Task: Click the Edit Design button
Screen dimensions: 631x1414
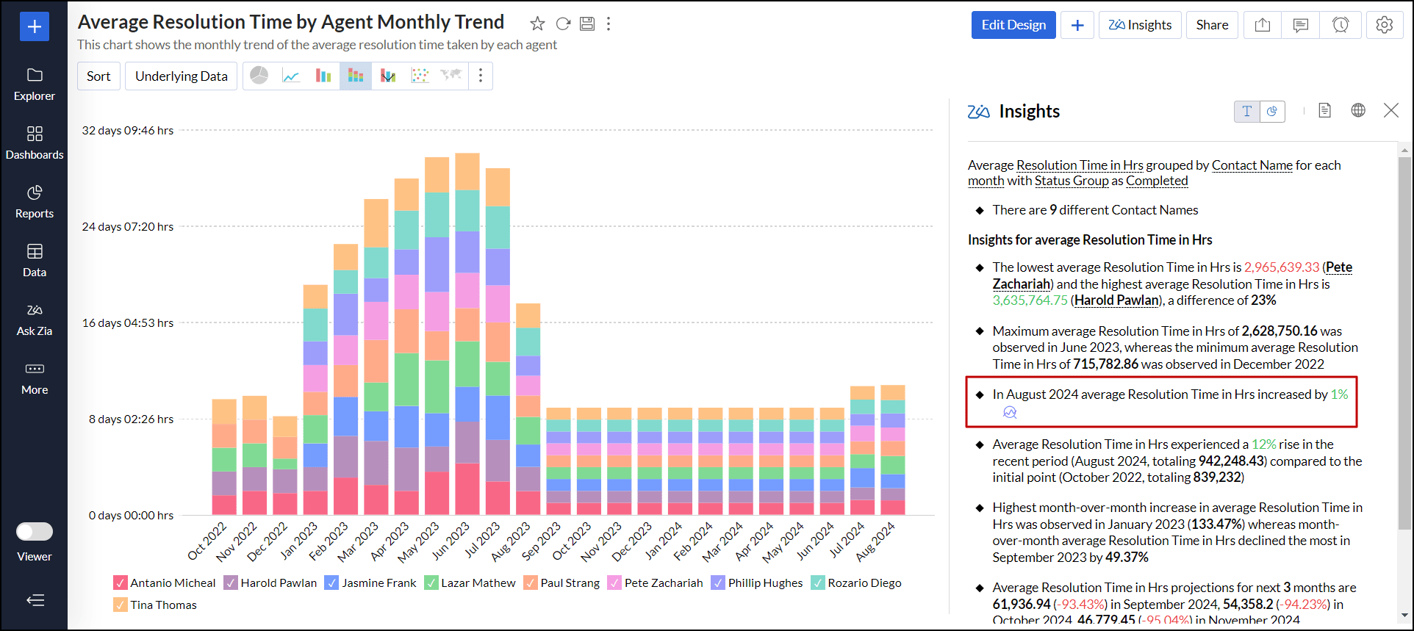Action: pyautogui.click(x=1013, y=25)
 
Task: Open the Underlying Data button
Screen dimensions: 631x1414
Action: pyautogui.click(x=181, y=76)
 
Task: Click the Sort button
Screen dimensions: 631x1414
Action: pyautogui.click(x=98, y=76)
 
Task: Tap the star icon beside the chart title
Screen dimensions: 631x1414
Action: pyautogui.click(x=537, y=24)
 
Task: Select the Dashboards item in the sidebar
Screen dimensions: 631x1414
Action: pyautogui.click(x=35, y=143)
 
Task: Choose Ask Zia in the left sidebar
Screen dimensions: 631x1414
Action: pyautogui.click(x=35, y=319)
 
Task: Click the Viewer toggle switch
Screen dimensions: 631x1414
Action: pyautogui.click(x=35, y=531)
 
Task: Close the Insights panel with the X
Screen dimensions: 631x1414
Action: pyautogui.click(x=1390, y=111)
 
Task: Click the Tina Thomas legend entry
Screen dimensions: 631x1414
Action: pyautogui.click(x=163, y=605)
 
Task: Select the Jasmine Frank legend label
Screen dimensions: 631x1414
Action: pyautogui.click(x=378, y=583)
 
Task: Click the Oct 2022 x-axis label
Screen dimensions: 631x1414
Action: pyautogui.click(x=208, y=541)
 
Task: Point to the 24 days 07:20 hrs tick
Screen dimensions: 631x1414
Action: pyautogui.click(x=128, y=227)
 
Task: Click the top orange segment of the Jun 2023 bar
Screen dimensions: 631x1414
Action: pyautogui.click(x=467, y=171)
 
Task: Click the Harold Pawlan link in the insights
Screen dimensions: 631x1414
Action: pyautogui.click(x=1116, y=300)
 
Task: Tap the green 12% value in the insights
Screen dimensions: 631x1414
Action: pyautogui.click(x=1263, y=444)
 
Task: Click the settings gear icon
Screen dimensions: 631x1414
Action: pyautogui.click(x=1384, y=25)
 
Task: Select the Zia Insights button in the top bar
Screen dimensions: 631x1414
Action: pyautogui.click(x=1140, y=25)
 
